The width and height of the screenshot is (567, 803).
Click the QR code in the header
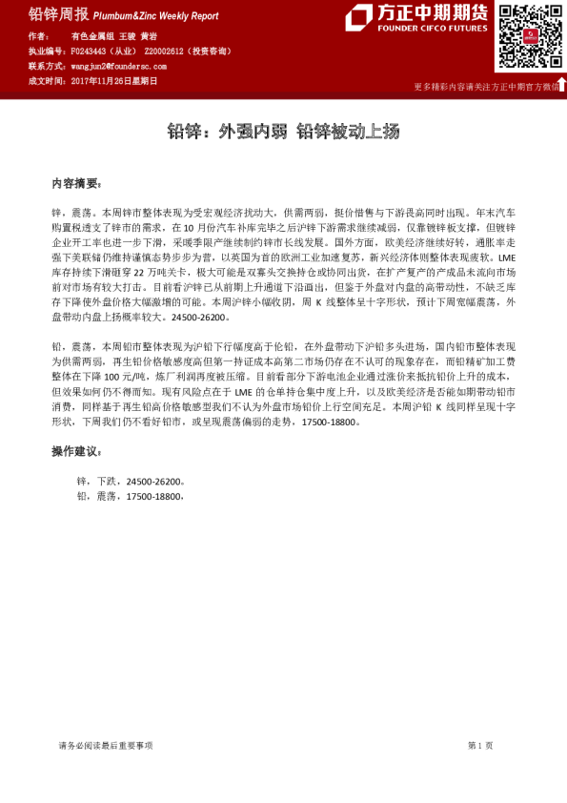[525, 36]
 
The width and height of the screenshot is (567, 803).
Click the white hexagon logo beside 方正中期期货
[358, 17]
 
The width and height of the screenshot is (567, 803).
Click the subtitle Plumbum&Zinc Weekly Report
[156, 16]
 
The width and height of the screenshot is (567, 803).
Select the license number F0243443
[92, 51]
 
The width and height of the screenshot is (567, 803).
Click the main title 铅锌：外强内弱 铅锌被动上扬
[283, 131]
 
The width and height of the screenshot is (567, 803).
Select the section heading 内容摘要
[75, 182]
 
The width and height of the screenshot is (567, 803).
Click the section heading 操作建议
[75, 451]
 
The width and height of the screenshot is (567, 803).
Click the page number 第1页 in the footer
[479, 745]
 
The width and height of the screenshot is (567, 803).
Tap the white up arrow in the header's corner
[561, 85]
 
